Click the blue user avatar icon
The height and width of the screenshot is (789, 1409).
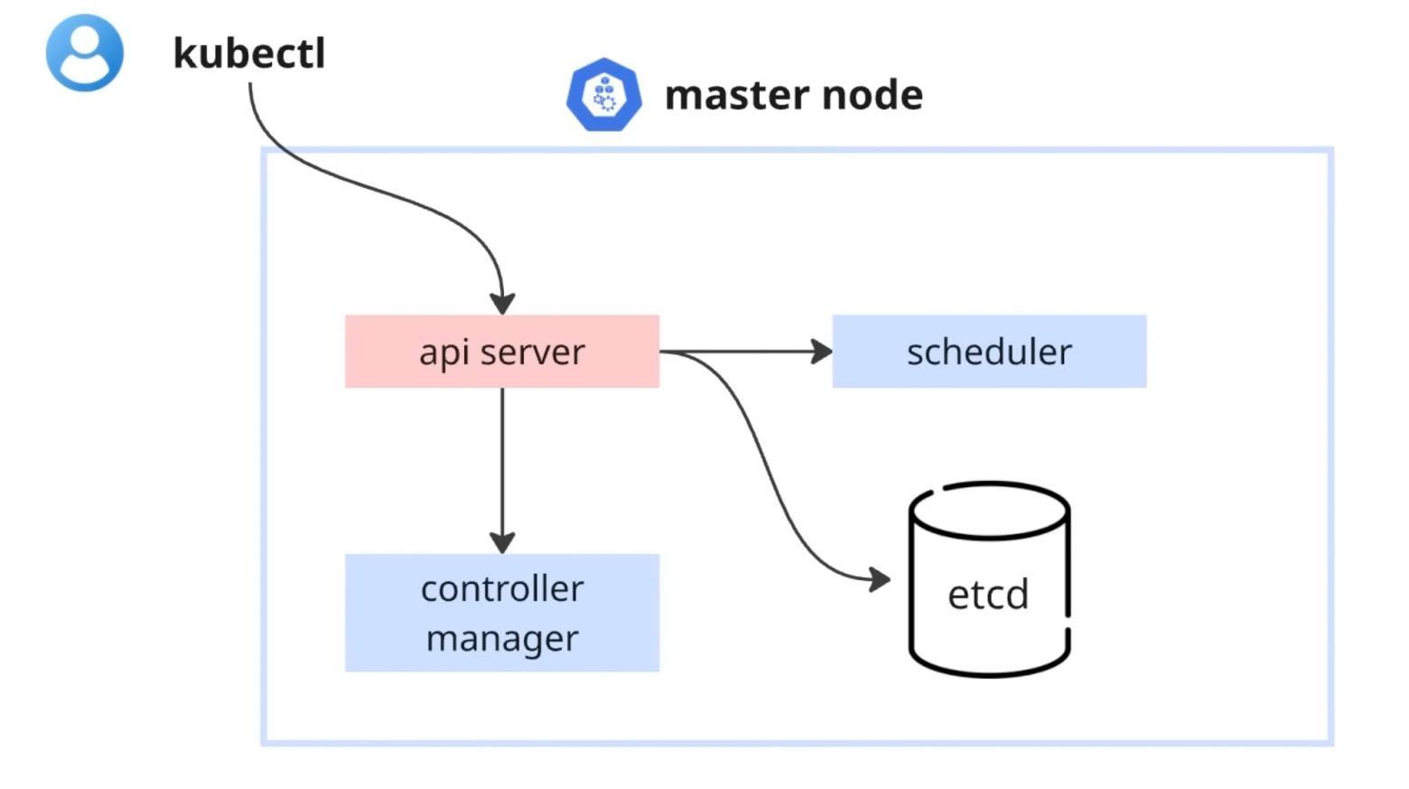pos(84,52)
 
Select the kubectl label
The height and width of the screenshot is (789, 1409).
pos(248,53)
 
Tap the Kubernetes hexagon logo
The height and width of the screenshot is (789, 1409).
pos(603,95)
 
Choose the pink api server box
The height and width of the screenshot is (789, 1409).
pos(501,352)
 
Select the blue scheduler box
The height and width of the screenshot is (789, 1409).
pos(989,352)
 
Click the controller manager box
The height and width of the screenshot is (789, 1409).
pos(501,613)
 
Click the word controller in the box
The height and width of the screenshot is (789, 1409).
pos(502,589)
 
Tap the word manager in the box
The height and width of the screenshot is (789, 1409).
pos(502,638)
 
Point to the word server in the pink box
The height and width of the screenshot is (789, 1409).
pos(533,352)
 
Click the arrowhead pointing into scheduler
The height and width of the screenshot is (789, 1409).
pos(821,352)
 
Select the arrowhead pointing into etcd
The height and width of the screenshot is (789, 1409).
pos(879,578)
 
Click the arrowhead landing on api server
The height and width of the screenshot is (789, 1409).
pos(502,303)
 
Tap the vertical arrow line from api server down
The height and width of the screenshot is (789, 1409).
pos(502,461)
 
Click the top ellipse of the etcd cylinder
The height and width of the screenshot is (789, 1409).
pos(989,512)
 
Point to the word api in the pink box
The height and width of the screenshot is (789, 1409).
pos(443,352)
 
